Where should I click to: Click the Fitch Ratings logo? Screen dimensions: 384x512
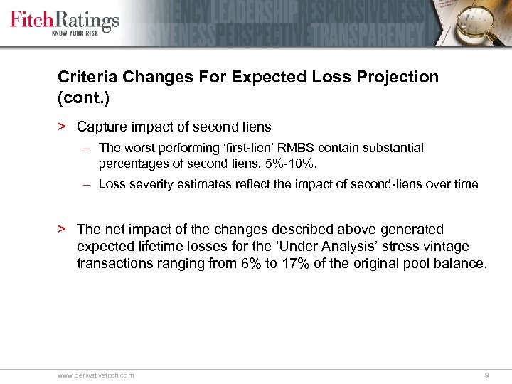tap(64, 19)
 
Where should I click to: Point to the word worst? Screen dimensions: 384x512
tap(138, 149)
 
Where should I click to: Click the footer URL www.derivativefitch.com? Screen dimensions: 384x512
tap(95, 375)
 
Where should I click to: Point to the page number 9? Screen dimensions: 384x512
tap(486, 375)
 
